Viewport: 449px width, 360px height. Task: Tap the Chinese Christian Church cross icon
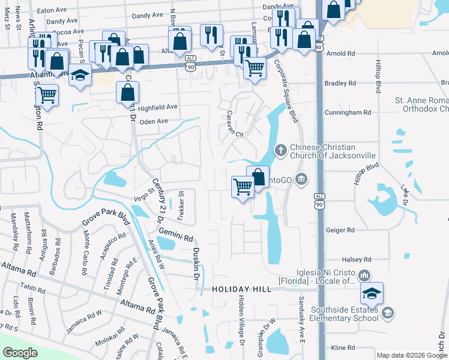(x=280, y=149)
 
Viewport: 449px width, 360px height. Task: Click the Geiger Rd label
(x=340, y=230)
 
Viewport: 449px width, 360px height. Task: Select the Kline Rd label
(x=343, y=347)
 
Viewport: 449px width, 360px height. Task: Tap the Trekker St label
(x=181, y=204)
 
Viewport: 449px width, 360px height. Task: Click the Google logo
(x=20, y=353)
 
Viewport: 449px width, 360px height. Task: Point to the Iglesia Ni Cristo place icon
(x=364, y=275)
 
